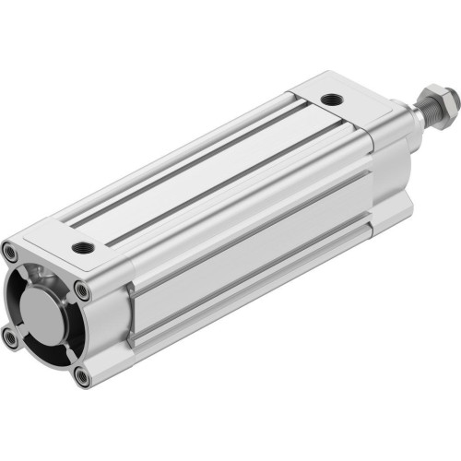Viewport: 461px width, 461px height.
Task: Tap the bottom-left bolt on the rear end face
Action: [11, 338]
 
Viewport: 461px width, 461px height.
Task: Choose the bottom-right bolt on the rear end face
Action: [81, 375]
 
